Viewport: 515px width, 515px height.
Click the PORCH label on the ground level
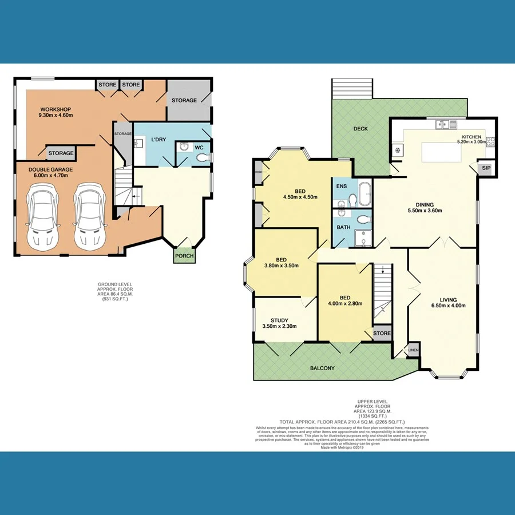[184, 256]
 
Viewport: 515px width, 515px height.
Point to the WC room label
[199, 148]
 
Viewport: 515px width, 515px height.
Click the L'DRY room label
[159, 140]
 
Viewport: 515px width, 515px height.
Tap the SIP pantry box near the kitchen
[486, 168]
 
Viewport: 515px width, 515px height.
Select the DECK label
[360, 129]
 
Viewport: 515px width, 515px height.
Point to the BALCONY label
[323, 368]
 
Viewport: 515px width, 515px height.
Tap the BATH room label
[343, 227]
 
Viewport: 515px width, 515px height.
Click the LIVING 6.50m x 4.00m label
[449, 302]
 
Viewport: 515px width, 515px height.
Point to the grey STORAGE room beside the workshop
[184, 101]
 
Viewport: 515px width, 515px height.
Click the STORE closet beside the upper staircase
[382, 333]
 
